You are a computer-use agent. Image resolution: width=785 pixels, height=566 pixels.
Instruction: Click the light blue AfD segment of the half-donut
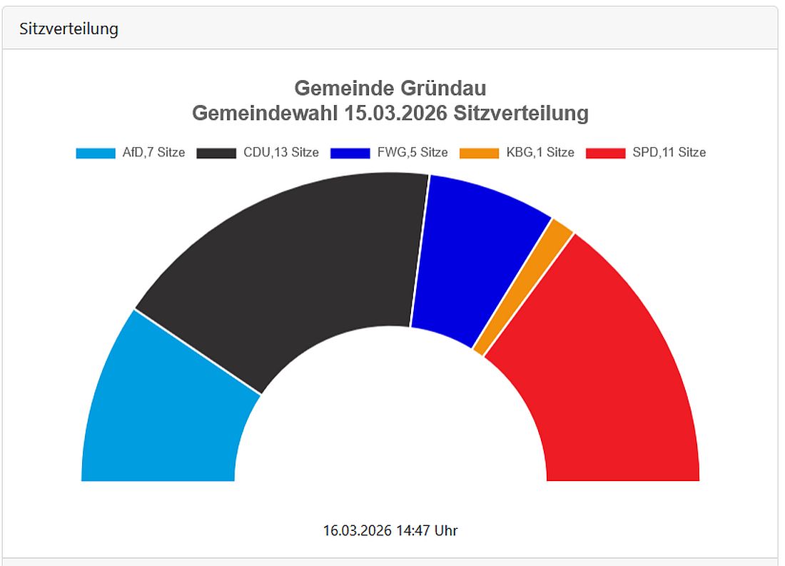[x=164, y=414]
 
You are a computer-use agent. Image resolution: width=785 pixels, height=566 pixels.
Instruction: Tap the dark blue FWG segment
[x=471, y=257]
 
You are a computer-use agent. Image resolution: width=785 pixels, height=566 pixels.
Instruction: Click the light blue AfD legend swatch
[x=96, y=153]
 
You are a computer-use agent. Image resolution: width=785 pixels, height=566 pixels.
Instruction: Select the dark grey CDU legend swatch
[x=216, y=153]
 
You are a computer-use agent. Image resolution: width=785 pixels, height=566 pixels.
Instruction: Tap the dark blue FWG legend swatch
[x=350, y=153]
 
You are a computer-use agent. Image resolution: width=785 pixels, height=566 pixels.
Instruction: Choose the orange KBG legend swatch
[x=479, y=153]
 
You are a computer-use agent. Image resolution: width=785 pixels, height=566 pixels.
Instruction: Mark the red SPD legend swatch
[x=605, y=153]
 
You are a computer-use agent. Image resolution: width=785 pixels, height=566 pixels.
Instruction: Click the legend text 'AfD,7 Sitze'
[x=153, y=153]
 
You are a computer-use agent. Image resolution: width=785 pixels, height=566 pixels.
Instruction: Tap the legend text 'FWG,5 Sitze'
[x=412, y=153]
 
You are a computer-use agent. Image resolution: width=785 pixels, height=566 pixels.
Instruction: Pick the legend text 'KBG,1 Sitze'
[x=540, y=153]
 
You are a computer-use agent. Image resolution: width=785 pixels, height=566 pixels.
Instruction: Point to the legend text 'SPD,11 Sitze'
[x=669, y=153]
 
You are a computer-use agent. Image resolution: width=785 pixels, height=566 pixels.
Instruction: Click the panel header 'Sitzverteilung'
[x=69, y=29]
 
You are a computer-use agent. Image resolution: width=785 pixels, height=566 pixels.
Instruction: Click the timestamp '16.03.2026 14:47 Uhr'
[x=390, y=530]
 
